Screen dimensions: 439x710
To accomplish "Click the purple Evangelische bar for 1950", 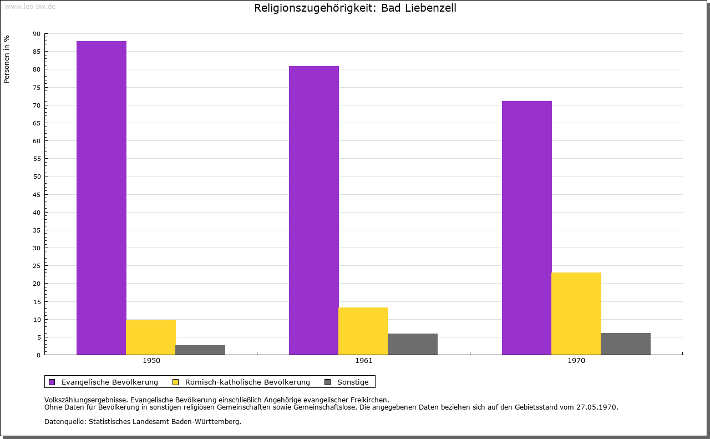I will point(102,198).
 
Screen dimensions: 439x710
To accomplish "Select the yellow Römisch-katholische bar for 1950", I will point(151,337).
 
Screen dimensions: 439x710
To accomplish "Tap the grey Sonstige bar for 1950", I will point(200,350).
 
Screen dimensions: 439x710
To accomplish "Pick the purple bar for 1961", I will point(314,210).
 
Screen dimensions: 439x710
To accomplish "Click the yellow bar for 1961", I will point(363,331).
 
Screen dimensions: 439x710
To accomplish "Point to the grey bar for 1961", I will point(413,344).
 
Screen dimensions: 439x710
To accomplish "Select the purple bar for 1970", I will point(527,228).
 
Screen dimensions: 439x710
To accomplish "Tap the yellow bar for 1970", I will point(576,314).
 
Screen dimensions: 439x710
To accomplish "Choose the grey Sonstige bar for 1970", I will point(626,344).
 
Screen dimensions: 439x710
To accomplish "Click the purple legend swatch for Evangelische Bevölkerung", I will point(52,382).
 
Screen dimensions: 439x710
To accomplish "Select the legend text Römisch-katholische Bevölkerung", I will point(247,382).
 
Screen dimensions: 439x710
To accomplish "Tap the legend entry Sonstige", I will point(353,382).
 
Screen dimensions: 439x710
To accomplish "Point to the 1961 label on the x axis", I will point(364,361).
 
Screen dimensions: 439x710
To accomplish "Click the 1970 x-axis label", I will point(576,361).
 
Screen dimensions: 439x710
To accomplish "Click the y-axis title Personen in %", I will point(7,59).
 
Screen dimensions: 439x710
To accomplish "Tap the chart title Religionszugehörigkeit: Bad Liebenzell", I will point(355,8).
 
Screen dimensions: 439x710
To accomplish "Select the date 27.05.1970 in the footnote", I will point(597,407).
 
